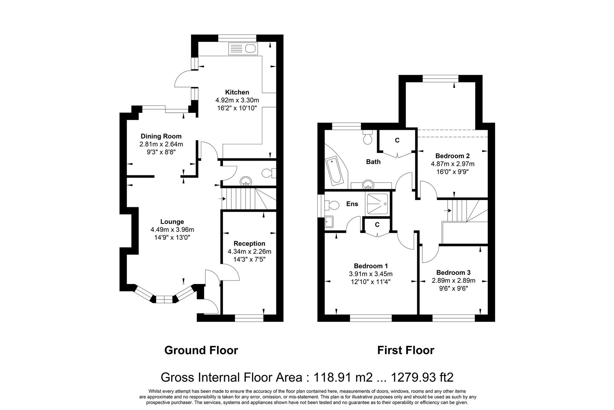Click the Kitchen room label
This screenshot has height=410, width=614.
[x=237, y=92]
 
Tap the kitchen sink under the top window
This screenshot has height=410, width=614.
[x=243, y=49]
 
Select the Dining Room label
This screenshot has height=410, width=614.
[x=161, y=136]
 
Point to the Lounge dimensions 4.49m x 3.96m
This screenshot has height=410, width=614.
[x=172, y=230]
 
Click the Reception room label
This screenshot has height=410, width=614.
[x=249, y=244]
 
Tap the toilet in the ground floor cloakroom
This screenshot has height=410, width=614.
[x=269, y=173]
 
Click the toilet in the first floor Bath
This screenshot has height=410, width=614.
[x=368, y=137]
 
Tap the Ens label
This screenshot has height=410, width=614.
[x=352, y=204]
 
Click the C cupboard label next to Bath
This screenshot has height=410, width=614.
[x=397, y=140]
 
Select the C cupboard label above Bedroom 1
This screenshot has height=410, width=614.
[x=377, y=225]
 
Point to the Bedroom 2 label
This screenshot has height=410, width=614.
[x=453, y=156]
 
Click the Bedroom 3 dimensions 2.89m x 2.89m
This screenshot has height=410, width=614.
[x=454, y=281]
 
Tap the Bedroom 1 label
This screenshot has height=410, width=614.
[x=371, y=266]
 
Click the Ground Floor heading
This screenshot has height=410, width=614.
[x=201, y=350]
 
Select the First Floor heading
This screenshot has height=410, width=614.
[x=406, y=350]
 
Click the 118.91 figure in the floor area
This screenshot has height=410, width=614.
[x=332, y=377]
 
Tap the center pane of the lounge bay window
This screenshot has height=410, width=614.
[x=165, y=299]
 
